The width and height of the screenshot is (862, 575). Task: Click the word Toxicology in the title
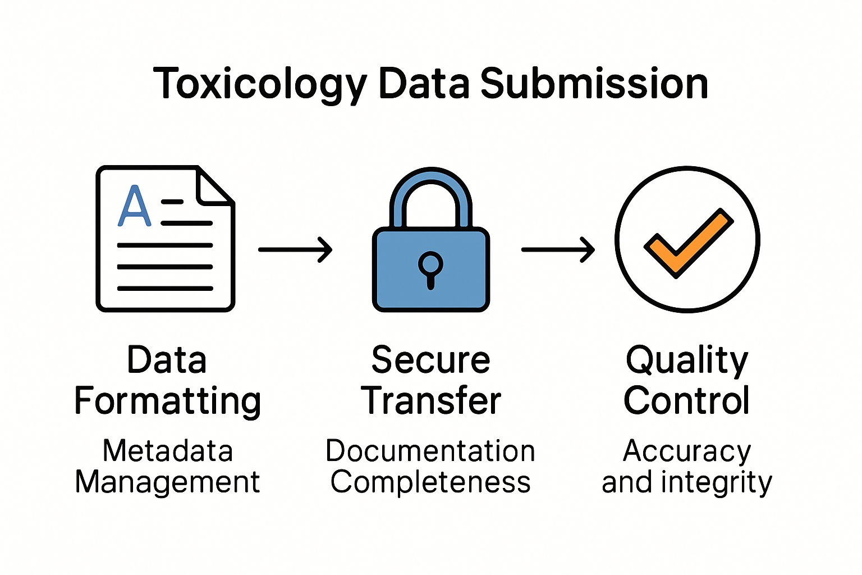(x=259, y=84)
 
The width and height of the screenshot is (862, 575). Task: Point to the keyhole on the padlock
(x=430, y=268)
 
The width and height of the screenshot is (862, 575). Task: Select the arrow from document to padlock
(x=295, y=249)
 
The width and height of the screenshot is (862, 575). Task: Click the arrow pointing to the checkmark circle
(x=558, y=249)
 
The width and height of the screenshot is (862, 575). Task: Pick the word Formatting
(x=168, y=401)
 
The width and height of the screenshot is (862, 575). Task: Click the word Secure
(x=430, y=360)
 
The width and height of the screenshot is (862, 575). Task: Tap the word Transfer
(x=430, y=401)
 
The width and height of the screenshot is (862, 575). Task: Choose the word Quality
(x=687, y=361)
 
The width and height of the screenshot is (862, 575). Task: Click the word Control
(x=687, y=401)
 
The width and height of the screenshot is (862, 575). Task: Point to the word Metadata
(x=168, y=451)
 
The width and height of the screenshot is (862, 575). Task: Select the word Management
(x=168, y=482)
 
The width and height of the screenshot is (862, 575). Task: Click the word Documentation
(x=430, y=451)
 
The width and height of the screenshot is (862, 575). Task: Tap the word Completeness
(x=430, y=482)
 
